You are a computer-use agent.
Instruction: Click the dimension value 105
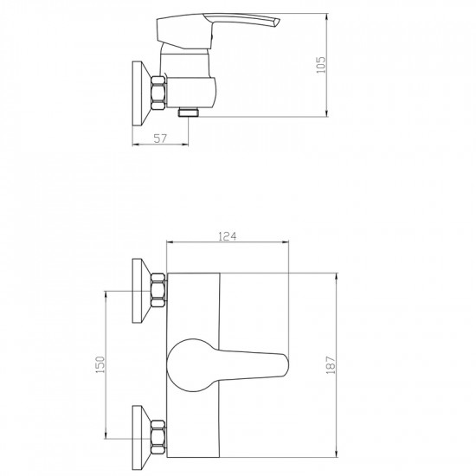[320, 65]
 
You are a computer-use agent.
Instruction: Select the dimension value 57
[160, 138]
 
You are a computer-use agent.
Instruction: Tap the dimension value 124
[228, 236]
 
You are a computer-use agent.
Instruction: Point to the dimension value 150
[100, 364]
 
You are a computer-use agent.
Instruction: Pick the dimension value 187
[331, 364]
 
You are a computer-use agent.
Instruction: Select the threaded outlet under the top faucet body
[188, 113]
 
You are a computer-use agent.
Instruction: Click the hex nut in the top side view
[158, 93]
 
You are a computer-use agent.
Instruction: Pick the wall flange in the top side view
[142, 93]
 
